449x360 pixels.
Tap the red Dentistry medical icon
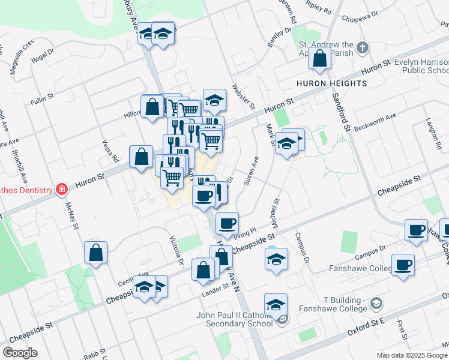point(61,190)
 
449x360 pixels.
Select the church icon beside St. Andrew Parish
point(362,47)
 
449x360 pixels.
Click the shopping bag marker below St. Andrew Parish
point(320,59)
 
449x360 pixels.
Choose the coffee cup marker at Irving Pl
point(227,224)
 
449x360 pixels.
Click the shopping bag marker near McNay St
point(96,253)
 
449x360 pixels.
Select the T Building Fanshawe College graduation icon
point(376,304)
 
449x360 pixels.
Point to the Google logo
point(20,352)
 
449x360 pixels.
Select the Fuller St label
point(42,97)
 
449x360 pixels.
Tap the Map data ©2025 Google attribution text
point(412,355)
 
